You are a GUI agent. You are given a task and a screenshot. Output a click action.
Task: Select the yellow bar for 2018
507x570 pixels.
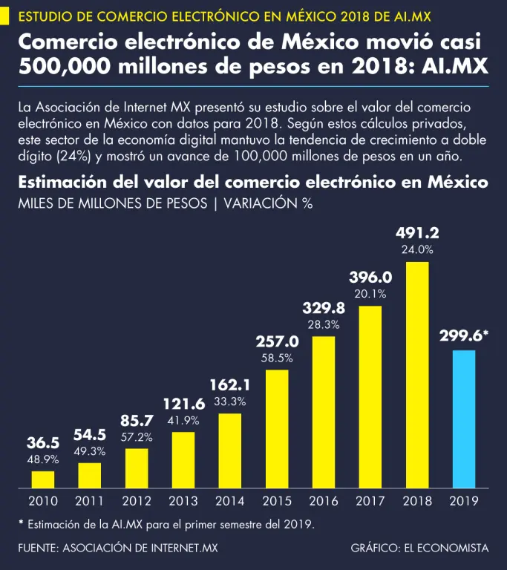click(417, 375)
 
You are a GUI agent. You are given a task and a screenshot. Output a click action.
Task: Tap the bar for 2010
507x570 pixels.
click(43, 480)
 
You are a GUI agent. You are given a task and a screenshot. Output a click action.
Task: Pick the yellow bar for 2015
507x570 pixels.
click(277, 430)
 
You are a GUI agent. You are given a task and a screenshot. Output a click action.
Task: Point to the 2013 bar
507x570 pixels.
click(183, 460)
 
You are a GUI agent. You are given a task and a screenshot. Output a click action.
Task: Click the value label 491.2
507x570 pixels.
click(417, 233)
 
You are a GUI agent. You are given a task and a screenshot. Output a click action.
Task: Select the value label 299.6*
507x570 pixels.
click(464, 335)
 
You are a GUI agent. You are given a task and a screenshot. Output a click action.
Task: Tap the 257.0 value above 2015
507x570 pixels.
click(277, 342)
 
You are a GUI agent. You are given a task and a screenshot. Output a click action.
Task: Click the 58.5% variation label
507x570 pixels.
click(277, 358)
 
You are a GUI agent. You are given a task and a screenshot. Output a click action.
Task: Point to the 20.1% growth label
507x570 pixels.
click(370, 293)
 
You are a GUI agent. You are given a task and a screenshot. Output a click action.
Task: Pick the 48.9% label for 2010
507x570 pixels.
click(43, 459)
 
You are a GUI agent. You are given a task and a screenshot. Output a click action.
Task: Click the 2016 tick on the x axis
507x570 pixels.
click(324, 502)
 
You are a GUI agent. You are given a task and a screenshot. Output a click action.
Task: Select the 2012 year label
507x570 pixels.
click(137, 502)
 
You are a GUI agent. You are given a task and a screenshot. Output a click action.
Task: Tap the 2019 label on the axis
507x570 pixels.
click(464, 502)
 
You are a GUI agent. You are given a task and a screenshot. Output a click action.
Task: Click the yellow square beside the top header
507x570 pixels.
click(6, 15)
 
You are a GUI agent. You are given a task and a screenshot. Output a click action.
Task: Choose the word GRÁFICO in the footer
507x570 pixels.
click(374, 548)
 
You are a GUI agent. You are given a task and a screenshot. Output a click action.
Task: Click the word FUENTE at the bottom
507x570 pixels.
click(38, 548)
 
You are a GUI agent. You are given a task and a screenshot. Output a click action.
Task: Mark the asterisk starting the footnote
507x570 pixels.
click(21, 523)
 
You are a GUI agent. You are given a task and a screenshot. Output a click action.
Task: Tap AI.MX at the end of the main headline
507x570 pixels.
click(454, 66)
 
